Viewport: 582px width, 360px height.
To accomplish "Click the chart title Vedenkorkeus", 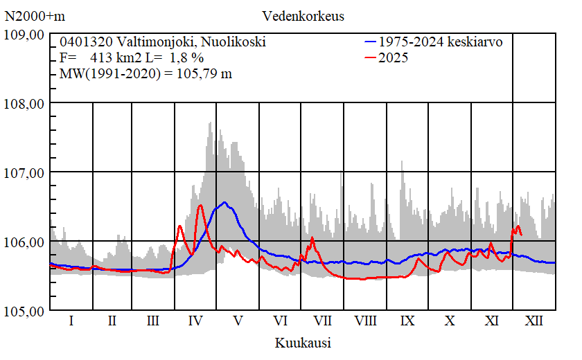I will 303,15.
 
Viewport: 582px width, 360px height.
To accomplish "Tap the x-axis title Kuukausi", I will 303,343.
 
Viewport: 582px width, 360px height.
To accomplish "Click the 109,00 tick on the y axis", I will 24,35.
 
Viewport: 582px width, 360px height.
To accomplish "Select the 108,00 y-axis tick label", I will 24,103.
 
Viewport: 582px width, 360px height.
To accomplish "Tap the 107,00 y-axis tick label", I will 24,172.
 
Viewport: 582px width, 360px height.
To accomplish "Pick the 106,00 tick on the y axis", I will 24,242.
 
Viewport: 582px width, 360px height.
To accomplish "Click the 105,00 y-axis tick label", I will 24,310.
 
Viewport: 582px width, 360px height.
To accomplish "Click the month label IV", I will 195,321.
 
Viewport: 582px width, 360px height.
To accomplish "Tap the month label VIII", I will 365,321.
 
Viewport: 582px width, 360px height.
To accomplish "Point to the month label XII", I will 534,321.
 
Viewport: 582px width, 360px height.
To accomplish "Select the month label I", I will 71,321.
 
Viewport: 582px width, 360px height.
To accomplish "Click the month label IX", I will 407,321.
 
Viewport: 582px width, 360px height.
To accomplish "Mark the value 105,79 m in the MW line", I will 204,74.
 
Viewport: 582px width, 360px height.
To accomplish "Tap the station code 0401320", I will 84,42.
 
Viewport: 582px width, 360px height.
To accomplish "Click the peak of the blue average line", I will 224,203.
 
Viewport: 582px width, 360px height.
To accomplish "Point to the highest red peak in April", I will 200,205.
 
